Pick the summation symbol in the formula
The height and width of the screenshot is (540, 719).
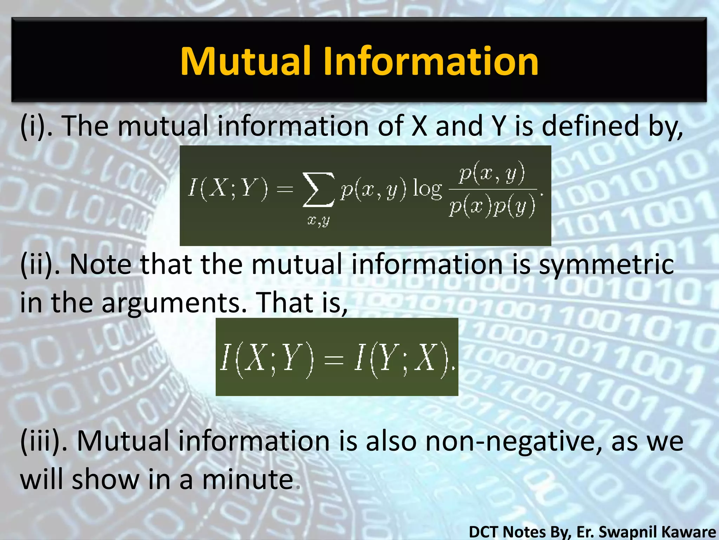[x=318, y=190]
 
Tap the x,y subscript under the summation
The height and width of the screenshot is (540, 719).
[x=318, y=221]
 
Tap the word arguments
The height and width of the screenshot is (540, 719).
[x=174, y=303]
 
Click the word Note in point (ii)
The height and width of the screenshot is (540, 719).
[x=100, y=264]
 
